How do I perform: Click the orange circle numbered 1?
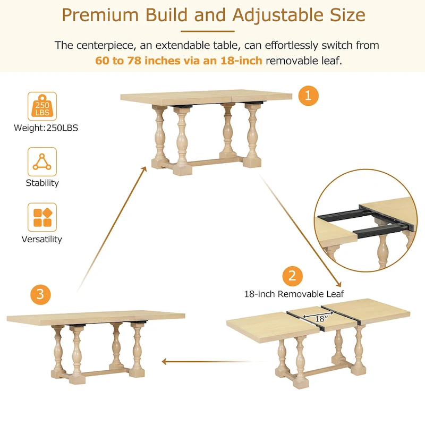coord(308,96)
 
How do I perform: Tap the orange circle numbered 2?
coord(292,276)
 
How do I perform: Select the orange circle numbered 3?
coord(40,294)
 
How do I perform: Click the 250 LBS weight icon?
coord(42,106)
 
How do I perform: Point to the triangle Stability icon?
coord(42,161)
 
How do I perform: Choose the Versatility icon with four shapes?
coord(42,217)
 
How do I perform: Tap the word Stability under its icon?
coord(42,183)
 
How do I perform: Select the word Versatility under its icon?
coord(42,239)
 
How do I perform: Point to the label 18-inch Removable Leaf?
coord(294,293)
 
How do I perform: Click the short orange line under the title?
coord(212,31)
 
